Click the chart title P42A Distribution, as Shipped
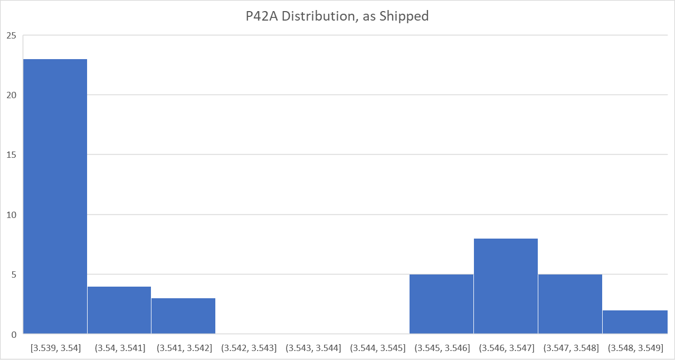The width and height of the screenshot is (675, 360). pyautogui.click(x=337, y=16)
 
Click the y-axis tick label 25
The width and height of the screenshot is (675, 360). pyautogui.click(x=12, y=36)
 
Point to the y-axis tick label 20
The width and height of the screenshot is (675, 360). pyautogui.click(x=12, y=96)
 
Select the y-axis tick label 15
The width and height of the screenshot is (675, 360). pyautogui.click(x=12, y=155)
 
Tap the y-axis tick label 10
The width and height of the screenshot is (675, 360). pyautogui.click(x=12, y=215)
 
